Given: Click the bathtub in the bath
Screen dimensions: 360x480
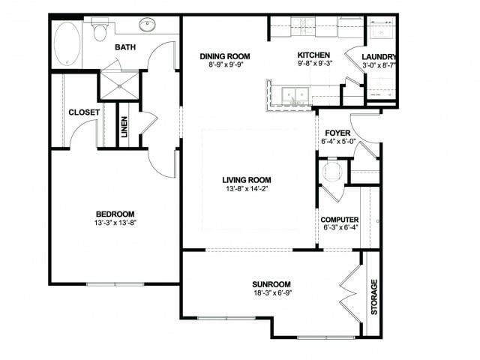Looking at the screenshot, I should (x=66, y=43).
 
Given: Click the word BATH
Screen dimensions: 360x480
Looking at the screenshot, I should (x=125, y=48).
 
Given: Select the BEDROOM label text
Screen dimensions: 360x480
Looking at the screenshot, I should (x=114, y=213).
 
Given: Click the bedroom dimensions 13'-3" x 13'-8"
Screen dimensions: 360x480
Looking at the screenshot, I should (x=114, y=223).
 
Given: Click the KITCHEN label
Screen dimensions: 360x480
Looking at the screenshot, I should (x=313, y=55).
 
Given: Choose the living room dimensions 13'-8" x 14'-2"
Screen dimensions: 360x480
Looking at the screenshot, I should (x=246, y=190).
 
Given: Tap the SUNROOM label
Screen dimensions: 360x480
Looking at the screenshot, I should (x=271, y=284).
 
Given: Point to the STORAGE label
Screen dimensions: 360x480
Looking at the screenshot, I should (x=373, y=297).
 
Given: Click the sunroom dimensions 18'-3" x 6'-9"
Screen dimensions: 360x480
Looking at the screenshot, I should (x=271, y=294).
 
